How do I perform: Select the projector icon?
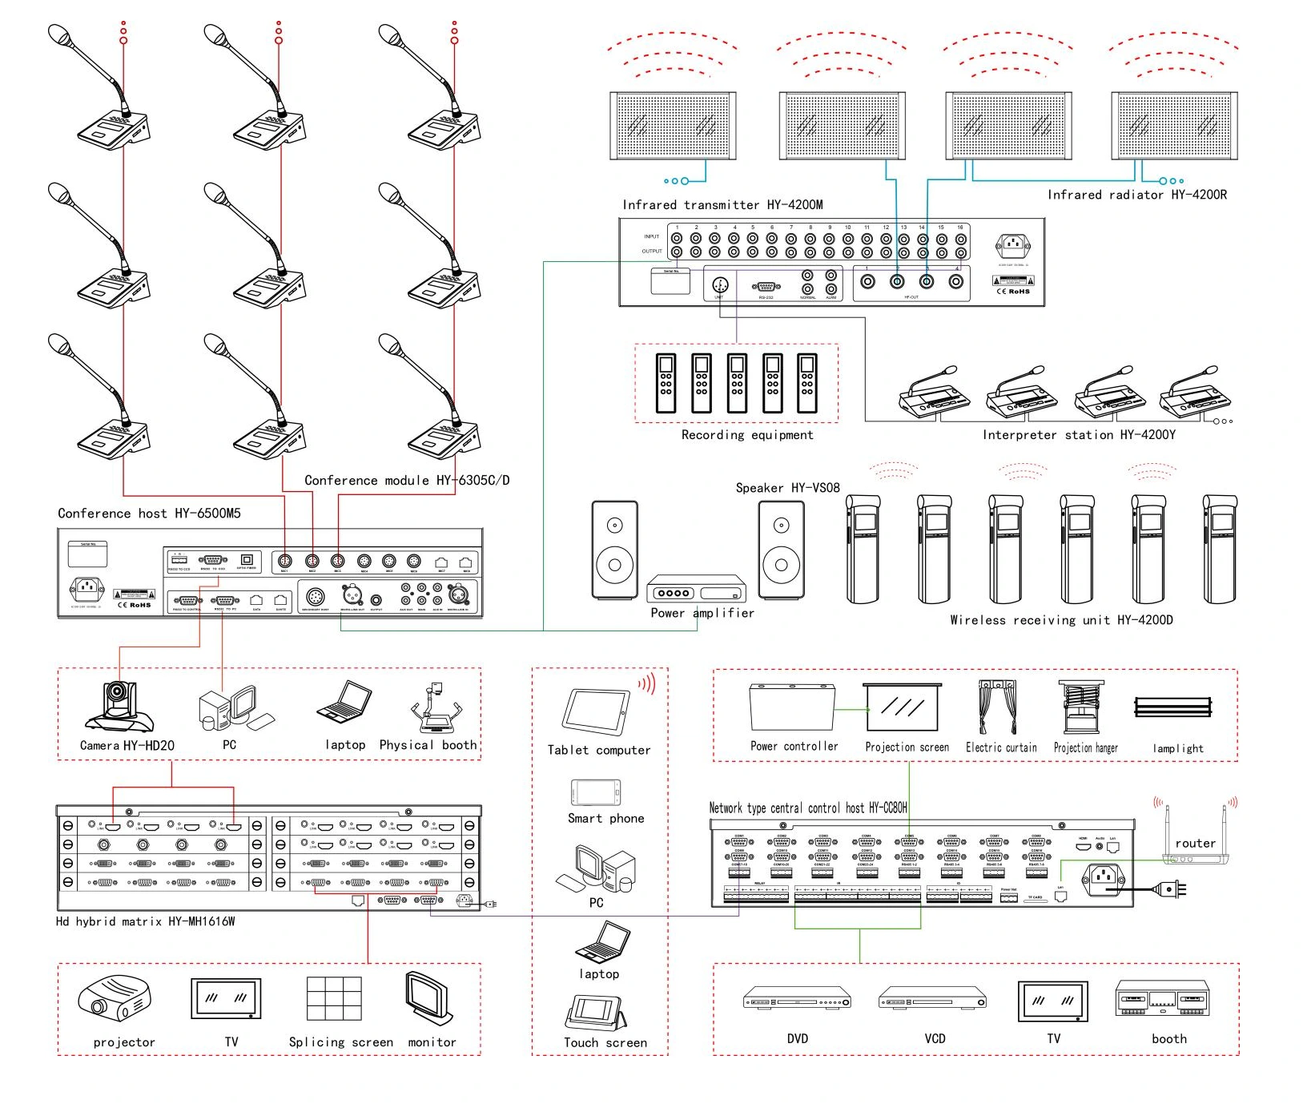(115, 997)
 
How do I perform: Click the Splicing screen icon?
(334, 998)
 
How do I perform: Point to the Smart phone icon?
(596, 792)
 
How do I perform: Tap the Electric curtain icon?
(997, 706)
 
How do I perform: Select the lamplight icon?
(1173, 707)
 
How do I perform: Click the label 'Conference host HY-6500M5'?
(149, 514)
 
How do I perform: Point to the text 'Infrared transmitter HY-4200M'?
(722, 205)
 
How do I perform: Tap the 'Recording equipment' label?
(747, 435)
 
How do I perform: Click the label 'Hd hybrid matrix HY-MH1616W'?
(145, 922)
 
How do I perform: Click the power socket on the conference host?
(87, 590)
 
